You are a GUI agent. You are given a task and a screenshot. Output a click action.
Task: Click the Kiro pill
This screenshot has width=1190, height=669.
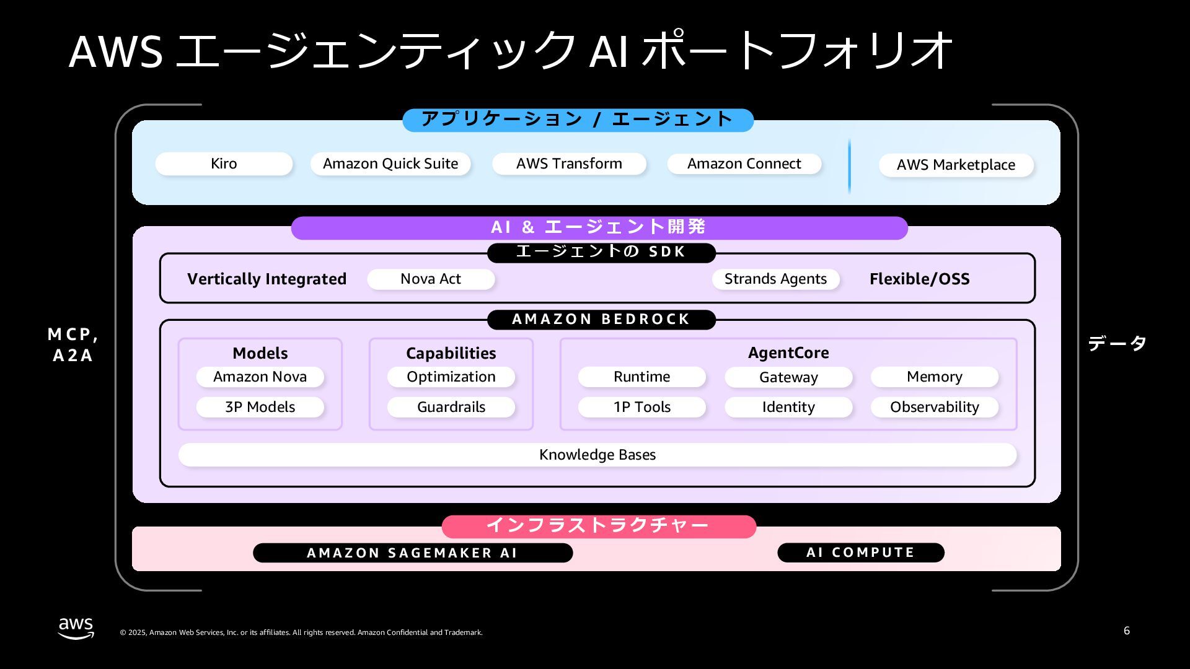[x=224, y=164]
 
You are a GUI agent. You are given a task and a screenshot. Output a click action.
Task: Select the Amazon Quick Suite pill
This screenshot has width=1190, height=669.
[x=390, y=164]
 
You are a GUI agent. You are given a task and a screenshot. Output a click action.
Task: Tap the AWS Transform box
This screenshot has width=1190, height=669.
[x=569, y=164]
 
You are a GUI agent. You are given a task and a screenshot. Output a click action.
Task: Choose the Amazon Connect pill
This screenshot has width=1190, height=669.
[x=744, y=164]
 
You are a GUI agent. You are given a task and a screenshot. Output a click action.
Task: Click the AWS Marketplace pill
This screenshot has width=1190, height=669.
[x=956, y=165]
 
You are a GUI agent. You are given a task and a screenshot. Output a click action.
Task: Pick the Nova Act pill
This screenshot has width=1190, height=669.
[x=431, y=279]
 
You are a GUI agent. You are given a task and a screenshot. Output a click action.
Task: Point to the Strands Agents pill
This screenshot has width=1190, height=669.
[x=775, y=279]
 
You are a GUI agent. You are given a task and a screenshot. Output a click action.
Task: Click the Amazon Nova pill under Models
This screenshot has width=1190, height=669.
[x=260, y=377]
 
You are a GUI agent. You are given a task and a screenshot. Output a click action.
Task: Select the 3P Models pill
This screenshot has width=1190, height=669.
[x=260, y=407]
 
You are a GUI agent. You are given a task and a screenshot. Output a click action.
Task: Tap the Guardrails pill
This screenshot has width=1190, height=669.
[x=451, y=407]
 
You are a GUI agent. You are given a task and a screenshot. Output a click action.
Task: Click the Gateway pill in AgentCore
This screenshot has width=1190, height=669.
[x=788, y=377]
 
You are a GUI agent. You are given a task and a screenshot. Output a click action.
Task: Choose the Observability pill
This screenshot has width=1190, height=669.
[x=935, y=407]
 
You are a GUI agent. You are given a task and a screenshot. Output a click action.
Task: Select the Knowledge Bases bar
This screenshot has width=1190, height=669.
[x=597, y=455]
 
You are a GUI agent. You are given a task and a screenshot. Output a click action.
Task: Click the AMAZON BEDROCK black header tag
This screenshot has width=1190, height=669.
[x=601, y=319]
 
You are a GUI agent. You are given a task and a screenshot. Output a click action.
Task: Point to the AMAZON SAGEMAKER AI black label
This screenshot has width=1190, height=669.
[x=413, y=553]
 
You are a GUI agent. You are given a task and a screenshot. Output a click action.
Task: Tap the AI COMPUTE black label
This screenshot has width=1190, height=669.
[x=861, y=553]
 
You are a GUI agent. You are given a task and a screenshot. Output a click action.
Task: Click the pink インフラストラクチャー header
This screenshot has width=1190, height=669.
[x=599, y=526]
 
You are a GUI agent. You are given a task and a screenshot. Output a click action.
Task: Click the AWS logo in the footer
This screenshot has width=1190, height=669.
[x=76, y=628]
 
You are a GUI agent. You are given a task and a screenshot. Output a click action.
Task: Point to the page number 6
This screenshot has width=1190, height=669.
[x=1127, y=631]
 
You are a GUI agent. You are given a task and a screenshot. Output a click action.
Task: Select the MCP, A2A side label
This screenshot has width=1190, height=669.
[x=73, y=344]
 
